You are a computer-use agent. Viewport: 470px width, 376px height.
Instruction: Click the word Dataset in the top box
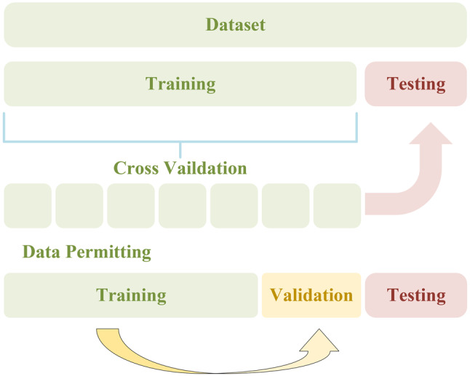pyautogui.click(x=235, y=25)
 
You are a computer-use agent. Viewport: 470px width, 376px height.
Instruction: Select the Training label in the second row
pyautogui.click(x=180, y=84)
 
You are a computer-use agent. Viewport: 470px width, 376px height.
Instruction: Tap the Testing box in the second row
pyautogui.click(x=415, y=84)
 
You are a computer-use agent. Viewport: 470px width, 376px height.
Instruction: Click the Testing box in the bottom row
pyautogui.click(x=416, y=295)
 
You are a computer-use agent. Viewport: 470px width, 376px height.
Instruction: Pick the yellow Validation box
pyautogui.click(x=311, y=295)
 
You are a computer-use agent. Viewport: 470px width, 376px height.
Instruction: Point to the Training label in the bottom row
pyautogui.click(x=131, y=295)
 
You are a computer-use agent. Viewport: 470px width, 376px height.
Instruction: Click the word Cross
pyautogui.click(x=136, y=168)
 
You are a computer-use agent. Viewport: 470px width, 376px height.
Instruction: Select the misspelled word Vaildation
pyautogui.click(x=206, y=168)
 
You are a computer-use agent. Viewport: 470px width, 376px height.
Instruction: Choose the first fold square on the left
pyautogui.click(x=28, y=206)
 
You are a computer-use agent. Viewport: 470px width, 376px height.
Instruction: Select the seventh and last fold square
pyautogui.click(x=337, y=206)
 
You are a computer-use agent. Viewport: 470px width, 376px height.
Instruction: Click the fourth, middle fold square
pyautogui.click(x=183, y=206)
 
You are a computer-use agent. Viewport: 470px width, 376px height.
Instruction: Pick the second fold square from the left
pyautogui.click(x=79, y=206)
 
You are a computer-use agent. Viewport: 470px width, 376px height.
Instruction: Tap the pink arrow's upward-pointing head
pyautogui.click(x=431, y=135)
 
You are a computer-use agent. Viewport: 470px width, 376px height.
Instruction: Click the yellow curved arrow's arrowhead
pyautogui.click(x=320, y=343)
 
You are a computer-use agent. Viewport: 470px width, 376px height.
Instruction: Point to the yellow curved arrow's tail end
pyautogui.click(x=107, y=329)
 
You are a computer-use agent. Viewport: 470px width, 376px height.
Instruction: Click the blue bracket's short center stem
pyautogui.click(x=180, y=150)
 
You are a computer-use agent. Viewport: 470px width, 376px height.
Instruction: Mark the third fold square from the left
pyautogui.click(x=131, y=206)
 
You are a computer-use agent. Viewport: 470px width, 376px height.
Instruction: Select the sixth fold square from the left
pyautogui.click(x=286, y=206)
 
